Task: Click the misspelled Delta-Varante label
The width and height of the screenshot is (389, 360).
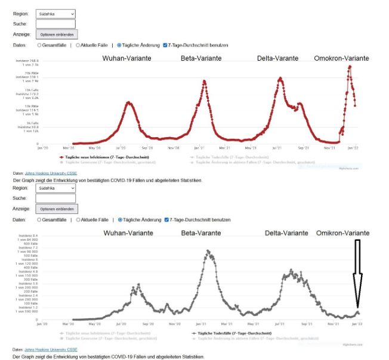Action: [x=278, y=58]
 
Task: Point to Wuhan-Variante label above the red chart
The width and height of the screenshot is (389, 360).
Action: [x=126, y=58]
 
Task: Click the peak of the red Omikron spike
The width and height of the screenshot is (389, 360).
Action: [x=350, y=66]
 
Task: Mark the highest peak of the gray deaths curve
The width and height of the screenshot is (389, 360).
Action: [x=208, y=250]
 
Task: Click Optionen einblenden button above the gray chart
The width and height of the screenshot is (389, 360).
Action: [x=57, y=210]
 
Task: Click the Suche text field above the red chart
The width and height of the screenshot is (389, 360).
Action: [x=55, y=24]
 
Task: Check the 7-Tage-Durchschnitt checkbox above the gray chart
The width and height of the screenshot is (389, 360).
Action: [x=166, y=220]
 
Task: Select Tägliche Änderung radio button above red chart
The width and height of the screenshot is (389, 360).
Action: [x=119, y=45]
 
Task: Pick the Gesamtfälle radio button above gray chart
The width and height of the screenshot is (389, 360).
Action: [x=39, y=220]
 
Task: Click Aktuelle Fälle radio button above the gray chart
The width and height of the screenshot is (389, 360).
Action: [x=78, y=220]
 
